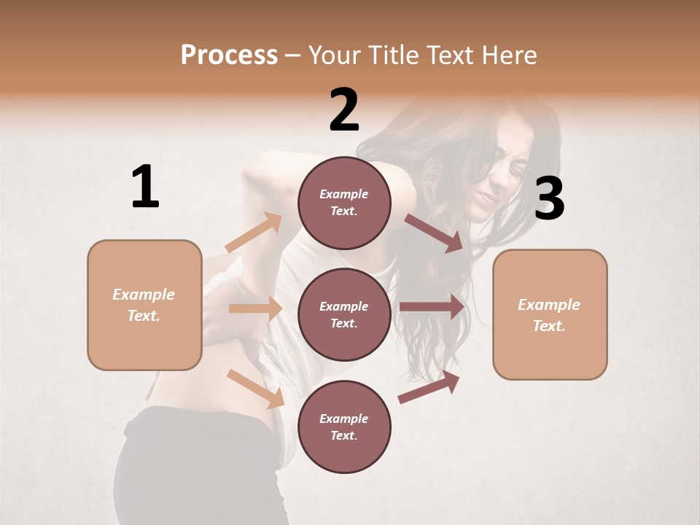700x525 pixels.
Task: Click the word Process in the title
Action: coord(229,55)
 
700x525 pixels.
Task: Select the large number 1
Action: coord(145,187)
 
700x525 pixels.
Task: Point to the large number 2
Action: coord(344,110)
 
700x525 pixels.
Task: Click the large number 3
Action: coord(549,199)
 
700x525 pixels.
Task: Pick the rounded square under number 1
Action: coord(144,305)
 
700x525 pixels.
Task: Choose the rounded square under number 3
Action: coord(550,315)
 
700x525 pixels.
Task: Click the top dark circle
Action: coord(344,203)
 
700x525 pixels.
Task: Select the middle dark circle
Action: coord(344,314)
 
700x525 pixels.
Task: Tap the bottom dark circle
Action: coord(344,427)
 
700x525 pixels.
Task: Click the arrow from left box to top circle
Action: coord(253,233)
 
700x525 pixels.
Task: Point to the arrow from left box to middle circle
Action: coord(255,308)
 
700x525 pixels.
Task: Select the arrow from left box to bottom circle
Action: coord(256,389)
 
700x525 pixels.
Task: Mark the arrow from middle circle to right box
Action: coord(432,306)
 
